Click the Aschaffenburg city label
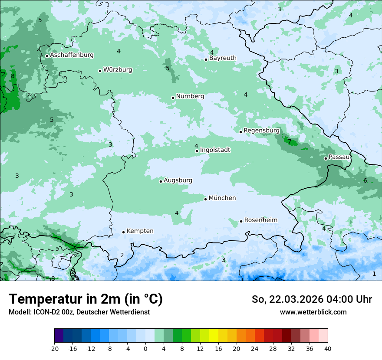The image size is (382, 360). (72, 55)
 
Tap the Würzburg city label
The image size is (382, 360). (118, 70)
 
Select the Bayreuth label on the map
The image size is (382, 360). (223, 58)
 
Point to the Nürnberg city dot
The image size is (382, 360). (173, 98)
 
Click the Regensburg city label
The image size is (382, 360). (261, 131)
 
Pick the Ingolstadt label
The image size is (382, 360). (215, 150)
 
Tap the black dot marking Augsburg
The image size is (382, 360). (161, 181)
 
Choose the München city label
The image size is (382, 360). (222, 198)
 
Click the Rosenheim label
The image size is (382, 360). (260, 220)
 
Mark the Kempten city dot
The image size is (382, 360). (123, 232)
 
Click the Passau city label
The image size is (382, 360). (339, 157)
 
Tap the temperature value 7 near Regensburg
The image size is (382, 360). (290, 142)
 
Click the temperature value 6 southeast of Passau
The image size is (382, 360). (365, 180)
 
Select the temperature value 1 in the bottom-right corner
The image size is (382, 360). (374, 274)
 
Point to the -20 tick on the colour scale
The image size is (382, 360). (54, 348)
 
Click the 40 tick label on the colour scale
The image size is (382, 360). (328, 348)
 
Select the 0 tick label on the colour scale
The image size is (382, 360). (145, 348)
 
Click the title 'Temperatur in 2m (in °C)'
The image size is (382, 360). (86, 299)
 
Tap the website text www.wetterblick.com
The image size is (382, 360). (313, 312)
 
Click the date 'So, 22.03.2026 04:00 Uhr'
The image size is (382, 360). (312, 299)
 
